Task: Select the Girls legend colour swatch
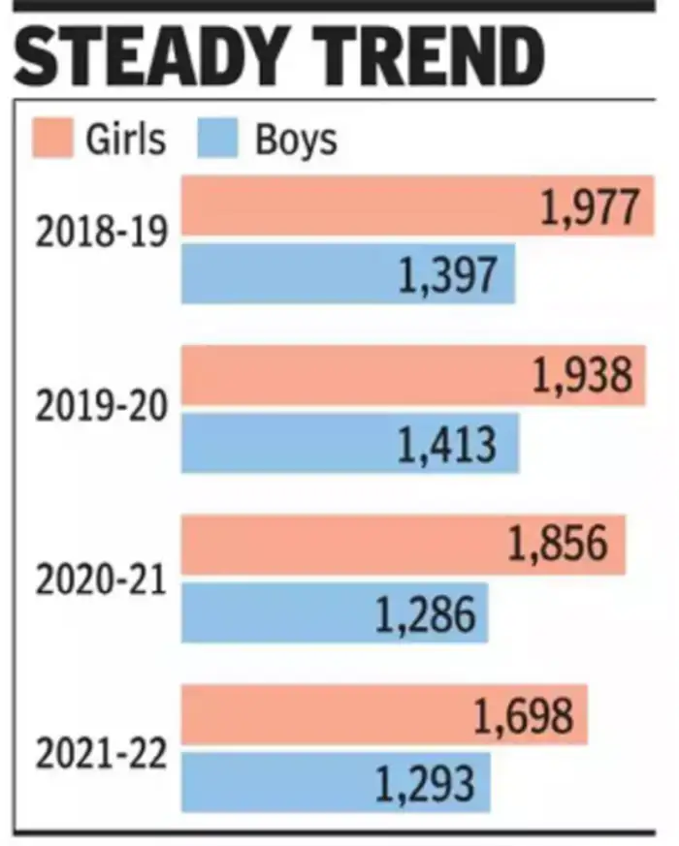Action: [52, 139]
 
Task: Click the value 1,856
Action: [559, 546]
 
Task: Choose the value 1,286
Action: [427, 614]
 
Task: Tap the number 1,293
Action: [427, 783]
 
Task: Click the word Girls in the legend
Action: [125, 140]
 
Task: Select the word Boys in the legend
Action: [296, 140]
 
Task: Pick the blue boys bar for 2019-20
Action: [291, 443]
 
